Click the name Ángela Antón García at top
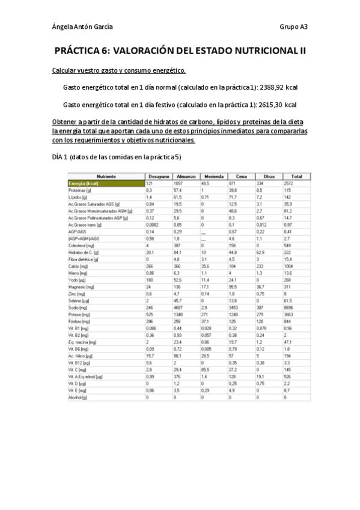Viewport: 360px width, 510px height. coord(82,27)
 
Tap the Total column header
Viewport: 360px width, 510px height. coord(297,176)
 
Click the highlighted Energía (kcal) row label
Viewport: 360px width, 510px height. coord(84,183)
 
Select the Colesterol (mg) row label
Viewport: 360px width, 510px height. coord(81,245)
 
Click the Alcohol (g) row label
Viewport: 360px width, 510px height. coord(79,398)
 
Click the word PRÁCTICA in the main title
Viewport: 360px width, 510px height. coord(81,52)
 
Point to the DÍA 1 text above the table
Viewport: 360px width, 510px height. coord(61,158)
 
